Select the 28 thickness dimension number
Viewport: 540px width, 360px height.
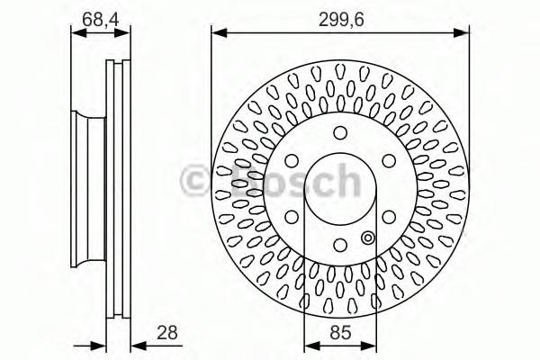pos(165,334)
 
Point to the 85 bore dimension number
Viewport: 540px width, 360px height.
pos(339,334)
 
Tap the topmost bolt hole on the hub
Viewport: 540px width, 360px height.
pos(340,133)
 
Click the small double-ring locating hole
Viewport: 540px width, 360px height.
pos(366,238)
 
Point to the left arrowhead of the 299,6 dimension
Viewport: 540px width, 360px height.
pos(216,33)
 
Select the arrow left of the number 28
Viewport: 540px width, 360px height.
pos(137,345)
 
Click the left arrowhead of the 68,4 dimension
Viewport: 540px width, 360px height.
pos(75,33)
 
